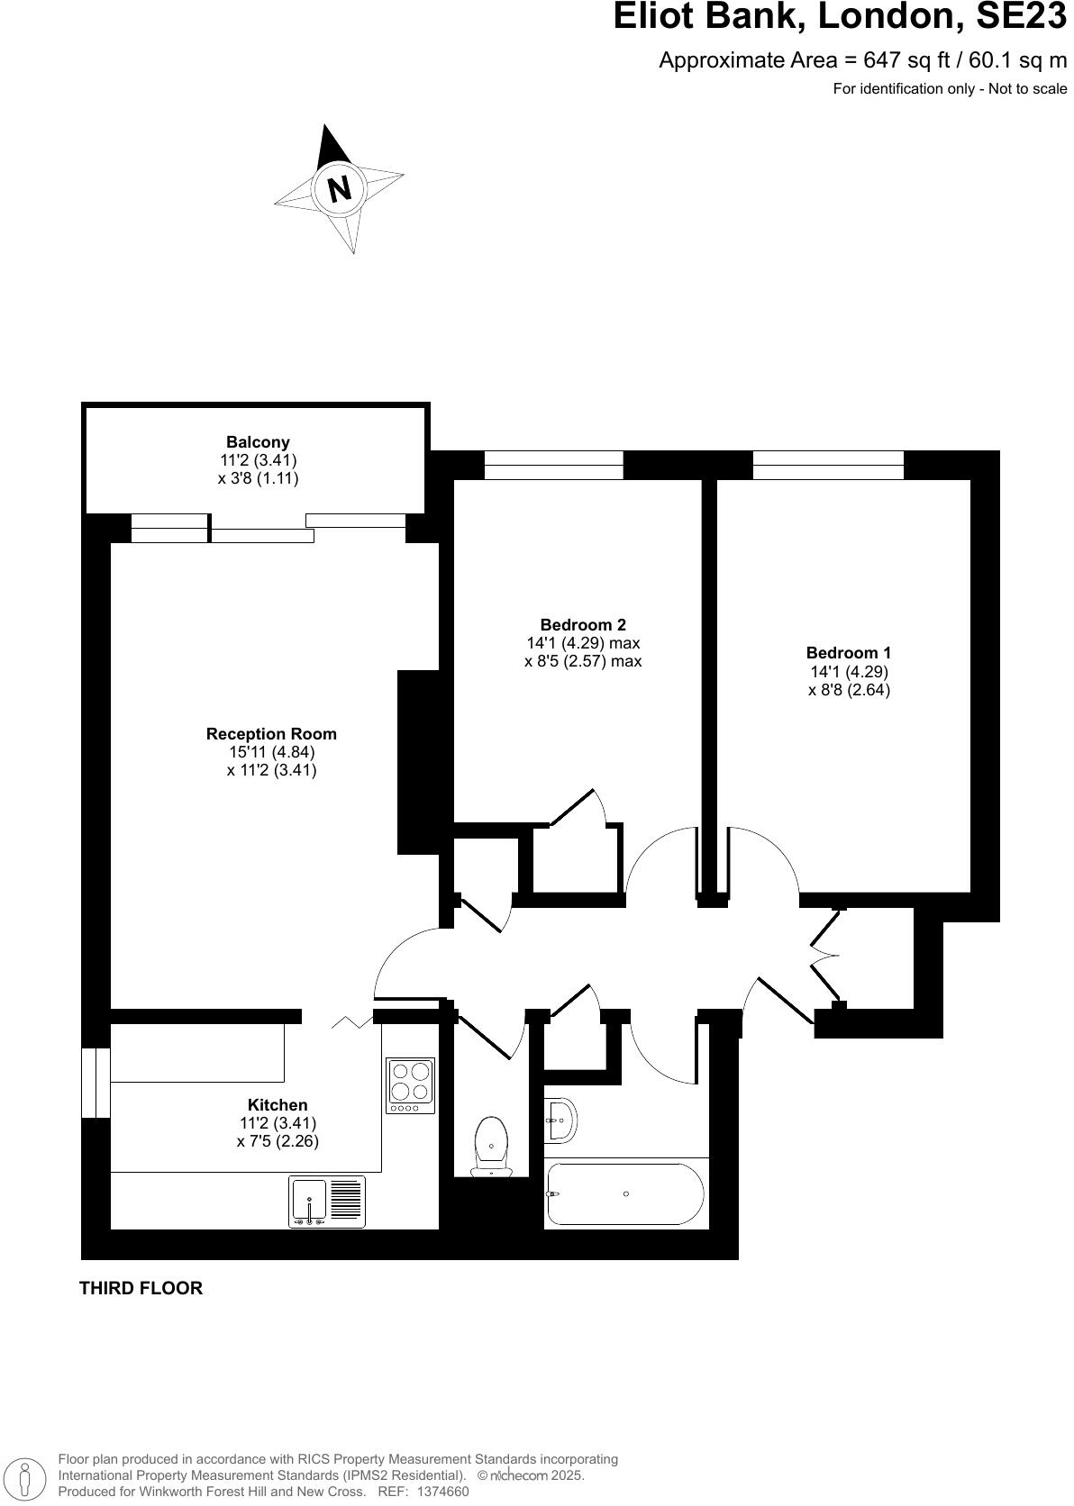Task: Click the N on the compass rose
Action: pos(339,189)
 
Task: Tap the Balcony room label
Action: pos(258,442)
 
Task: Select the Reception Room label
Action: pos(271,734)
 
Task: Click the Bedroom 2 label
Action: pos(583,625)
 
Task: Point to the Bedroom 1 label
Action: pos(849,653)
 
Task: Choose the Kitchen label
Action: pos(278,1105)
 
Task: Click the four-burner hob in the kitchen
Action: pos(410,1085)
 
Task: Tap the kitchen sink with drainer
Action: pos(327,1202)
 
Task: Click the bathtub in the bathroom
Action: pos(625,1193)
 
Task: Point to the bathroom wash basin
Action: pos(560,1120)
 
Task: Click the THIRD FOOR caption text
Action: pos(141,1288)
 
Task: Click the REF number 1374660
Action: pos(437,1492)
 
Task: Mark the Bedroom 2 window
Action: pos(554,465)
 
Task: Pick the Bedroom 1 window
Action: pos(828,465)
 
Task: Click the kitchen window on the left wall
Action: pos(96,1083)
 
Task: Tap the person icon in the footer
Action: pos(26,1475)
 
